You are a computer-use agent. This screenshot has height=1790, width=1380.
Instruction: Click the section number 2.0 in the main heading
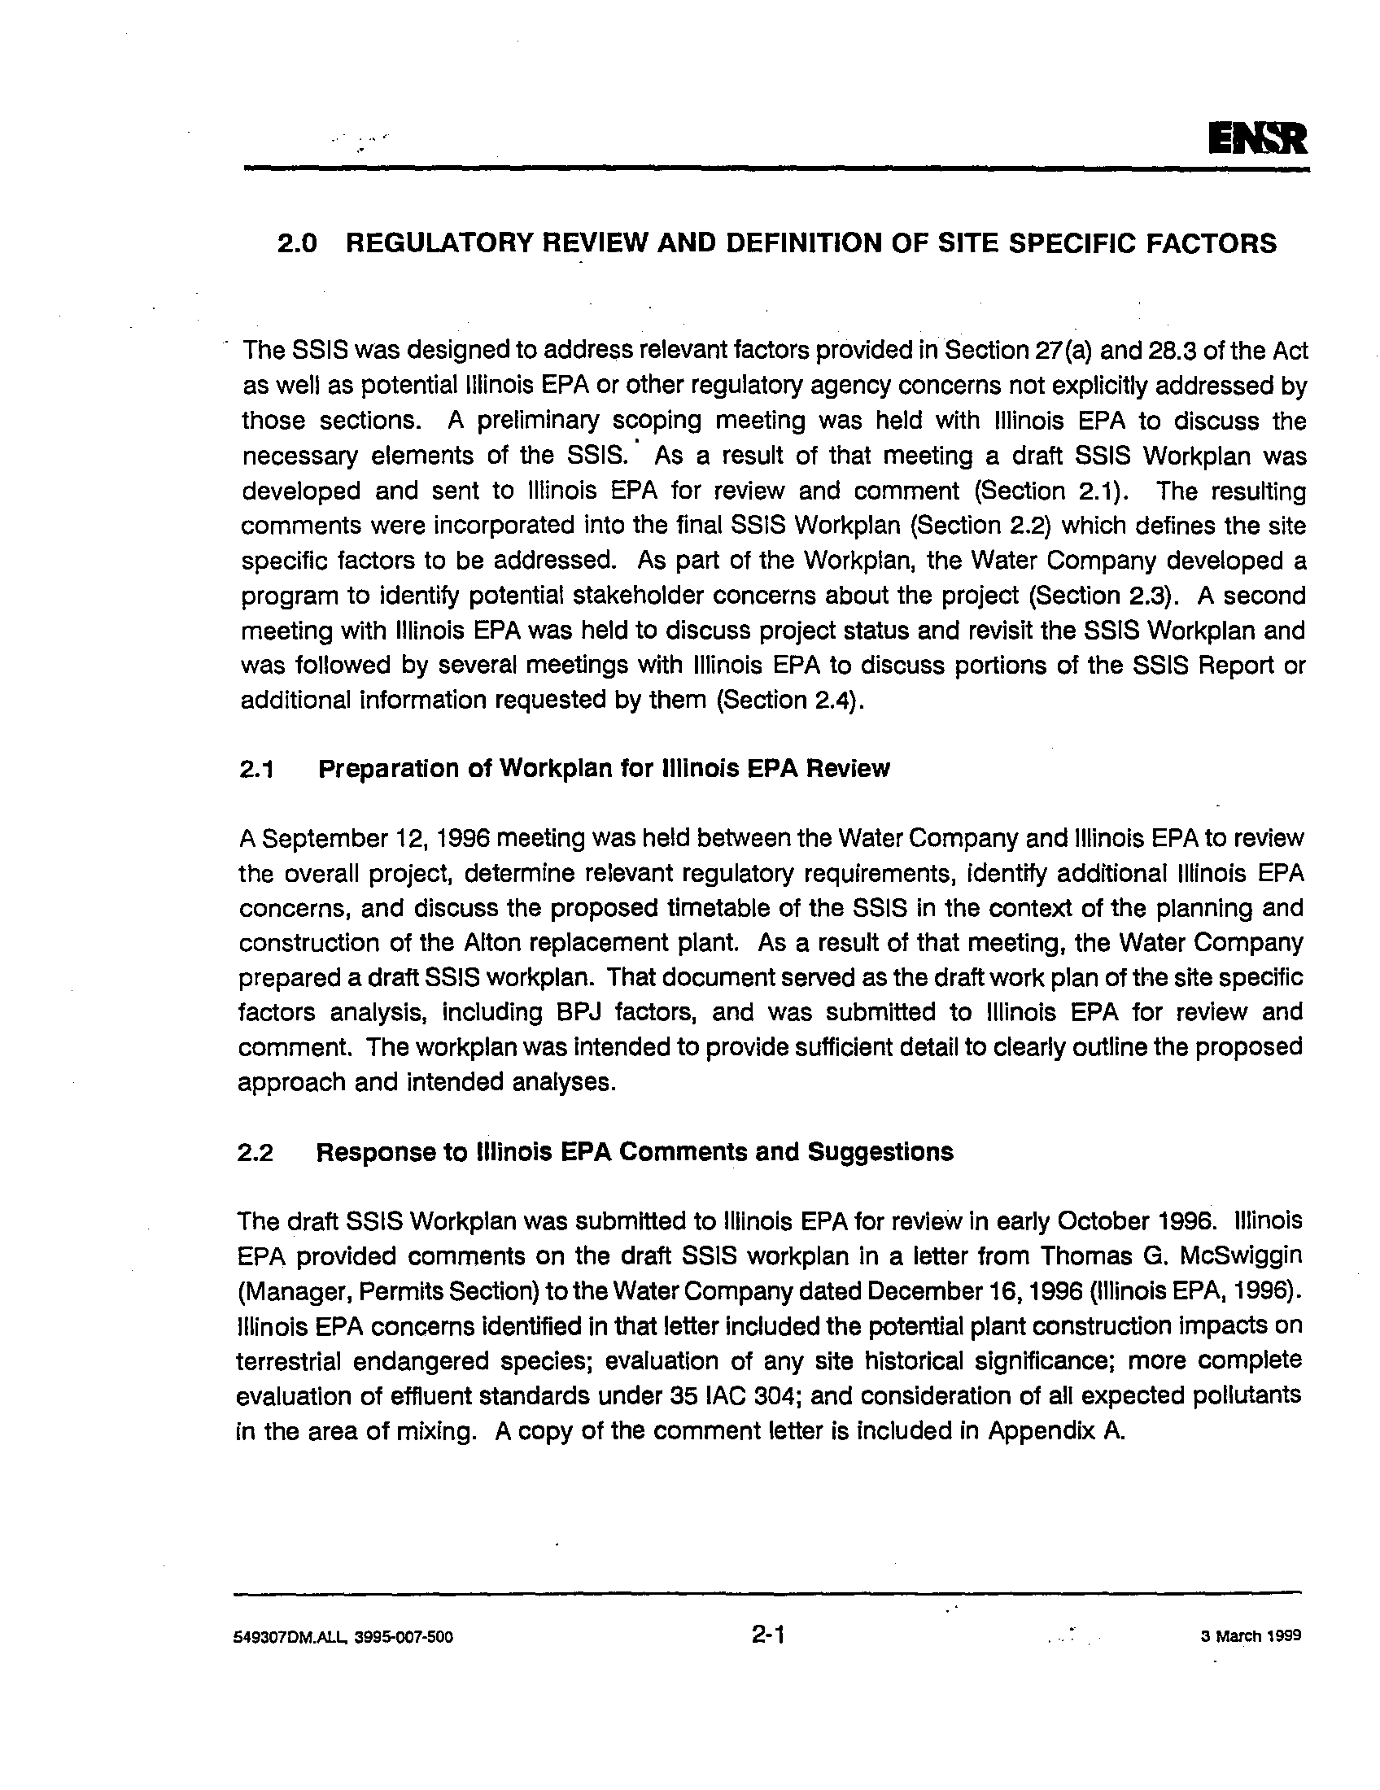297,244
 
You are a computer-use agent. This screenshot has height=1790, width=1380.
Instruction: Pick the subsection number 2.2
254,1153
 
